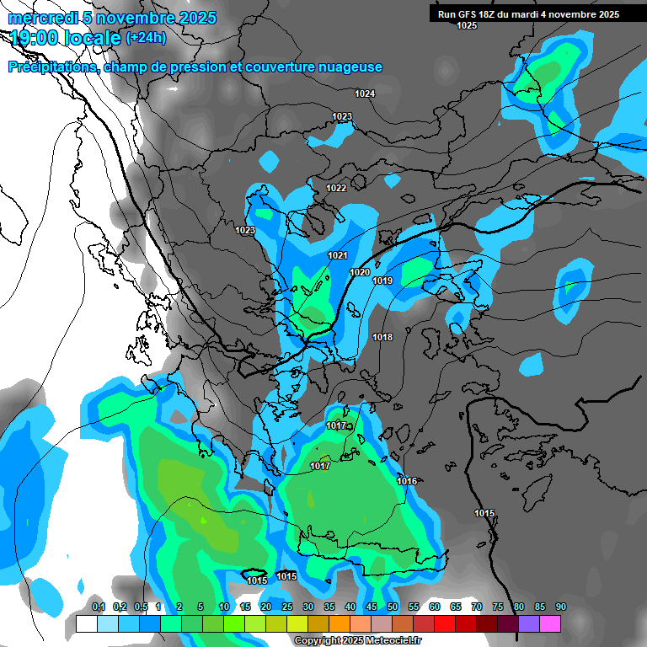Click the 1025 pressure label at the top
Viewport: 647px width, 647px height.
coord(467,26)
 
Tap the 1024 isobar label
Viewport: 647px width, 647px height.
coord(365,94)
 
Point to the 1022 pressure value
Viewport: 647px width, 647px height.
coord(336,188)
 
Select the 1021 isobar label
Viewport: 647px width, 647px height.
coord(338,255)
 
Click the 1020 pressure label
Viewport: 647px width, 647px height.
coord(360,272)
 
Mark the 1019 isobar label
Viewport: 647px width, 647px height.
coord(382,281)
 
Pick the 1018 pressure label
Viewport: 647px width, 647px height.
coord(382,337)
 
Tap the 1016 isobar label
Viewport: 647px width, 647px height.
coord(407,481)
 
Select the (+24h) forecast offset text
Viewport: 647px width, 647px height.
coord(146,37)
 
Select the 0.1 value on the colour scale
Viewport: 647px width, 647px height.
coord(99,607)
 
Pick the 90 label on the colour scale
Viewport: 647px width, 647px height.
coord(560,607)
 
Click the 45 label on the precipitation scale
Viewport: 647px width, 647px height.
coord(372,607)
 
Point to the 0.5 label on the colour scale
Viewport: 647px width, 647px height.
coord(140,607)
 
